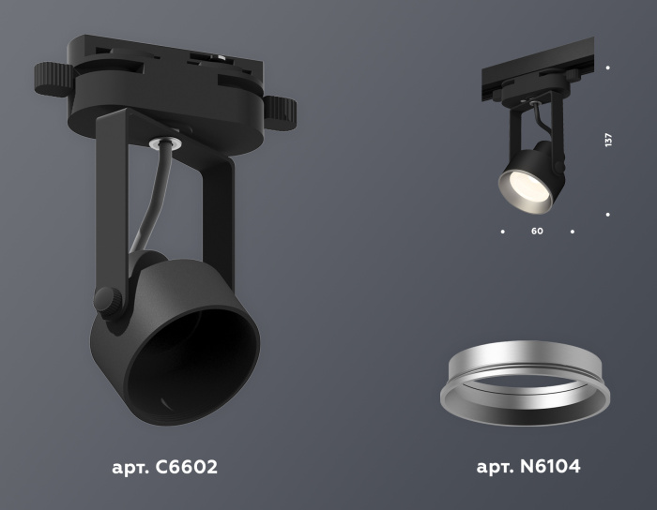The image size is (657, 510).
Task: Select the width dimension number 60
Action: coord(537,230)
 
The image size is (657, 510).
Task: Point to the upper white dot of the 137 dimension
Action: coord(608,67)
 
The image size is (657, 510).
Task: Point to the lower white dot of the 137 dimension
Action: coord(608,215)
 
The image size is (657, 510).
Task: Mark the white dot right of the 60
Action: coord(573,230)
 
